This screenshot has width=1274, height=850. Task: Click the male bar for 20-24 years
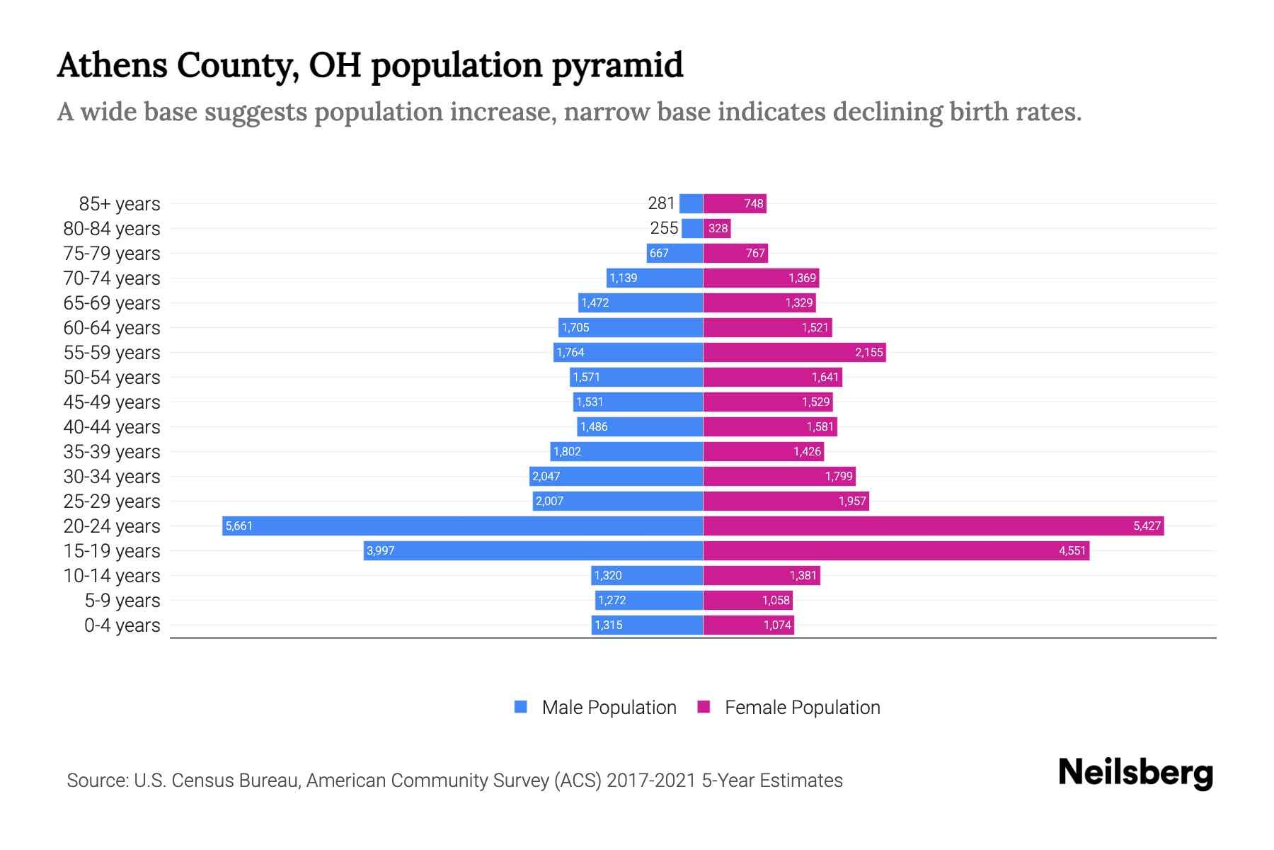click(x=462, y=526)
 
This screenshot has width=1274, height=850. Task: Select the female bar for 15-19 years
click(x=895, y=550)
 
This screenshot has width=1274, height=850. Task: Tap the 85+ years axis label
click(x=119, y=204)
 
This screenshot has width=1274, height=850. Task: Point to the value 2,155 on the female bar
click(x=868, y=352)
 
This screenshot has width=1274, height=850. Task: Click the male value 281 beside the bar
click(x=661, y=203)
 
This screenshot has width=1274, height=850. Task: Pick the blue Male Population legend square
click(x=521, y=707)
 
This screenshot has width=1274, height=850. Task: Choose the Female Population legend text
click(x=802, y=707)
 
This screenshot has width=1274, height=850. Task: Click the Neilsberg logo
click(x=1135, y=773)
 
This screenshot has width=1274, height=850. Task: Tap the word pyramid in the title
click(x=616, y=65)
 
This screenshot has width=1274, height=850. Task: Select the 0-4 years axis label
click(x=122, y=625)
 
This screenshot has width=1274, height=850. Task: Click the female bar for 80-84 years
click(x=717, y=228)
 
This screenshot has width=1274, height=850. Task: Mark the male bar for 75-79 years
click(x=675, y=253)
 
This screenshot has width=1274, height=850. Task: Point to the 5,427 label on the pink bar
click(x=1147, y=526)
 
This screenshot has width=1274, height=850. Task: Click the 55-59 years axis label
click(x=112, y=353)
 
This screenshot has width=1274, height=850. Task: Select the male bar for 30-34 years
click(x=616, y=476)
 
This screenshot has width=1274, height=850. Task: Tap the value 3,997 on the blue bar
click(x=380, y=550)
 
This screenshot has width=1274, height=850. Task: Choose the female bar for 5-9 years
click(x=747, y=600)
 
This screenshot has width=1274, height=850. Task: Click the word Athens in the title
click(x=111, y=65)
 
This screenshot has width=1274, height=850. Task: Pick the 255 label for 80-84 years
click(x=664, y=228)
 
